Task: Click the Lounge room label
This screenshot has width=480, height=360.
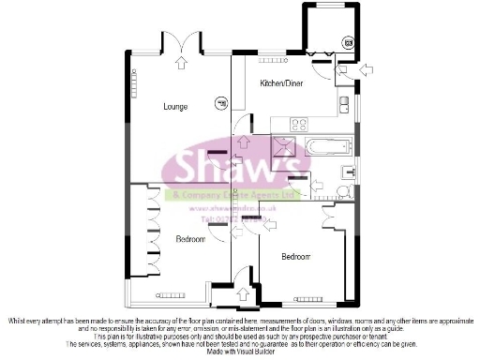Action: (x=175, y=106)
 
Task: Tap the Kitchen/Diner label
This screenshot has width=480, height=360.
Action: (x=281, y=83)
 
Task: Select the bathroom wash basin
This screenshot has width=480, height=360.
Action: (x=349, y=171)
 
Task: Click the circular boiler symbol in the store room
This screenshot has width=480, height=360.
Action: (x=349, y=41)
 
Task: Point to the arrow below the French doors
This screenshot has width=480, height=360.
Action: (x=179, y=64)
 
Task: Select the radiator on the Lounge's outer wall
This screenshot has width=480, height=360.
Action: (x=132, y=84)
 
